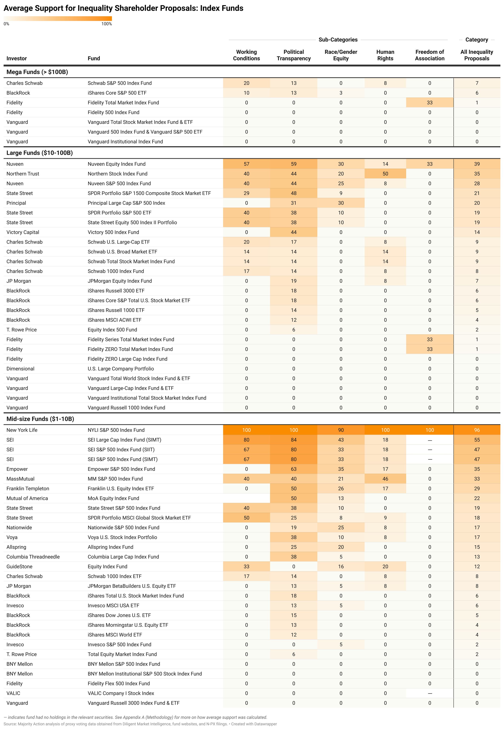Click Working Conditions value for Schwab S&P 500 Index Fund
click(246, 83)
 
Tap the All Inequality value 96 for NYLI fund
click(477, 430)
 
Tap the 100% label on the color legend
click(106, 24)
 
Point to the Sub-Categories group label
click(338, 40)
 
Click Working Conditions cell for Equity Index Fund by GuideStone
click(246, 567)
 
